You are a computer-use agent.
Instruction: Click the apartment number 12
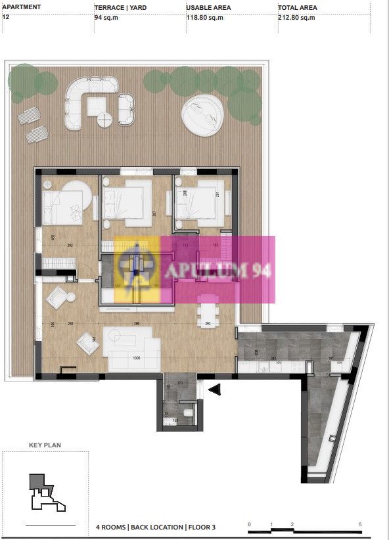(6, 18)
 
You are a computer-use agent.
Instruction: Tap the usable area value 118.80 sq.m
(205, 18)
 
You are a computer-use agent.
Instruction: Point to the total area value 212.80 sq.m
(296, 18)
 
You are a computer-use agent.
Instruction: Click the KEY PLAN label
(45, 445)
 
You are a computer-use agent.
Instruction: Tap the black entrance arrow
(215, 390)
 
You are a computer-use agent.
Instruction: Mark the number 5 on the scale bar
(360, 524)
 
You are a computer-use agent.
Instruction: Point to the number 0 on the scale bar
(249, 524)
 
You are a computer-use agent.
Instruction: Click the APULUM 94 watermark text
(210, 270)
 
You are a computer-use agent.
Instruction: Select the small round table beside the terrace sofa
(105, 120)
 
